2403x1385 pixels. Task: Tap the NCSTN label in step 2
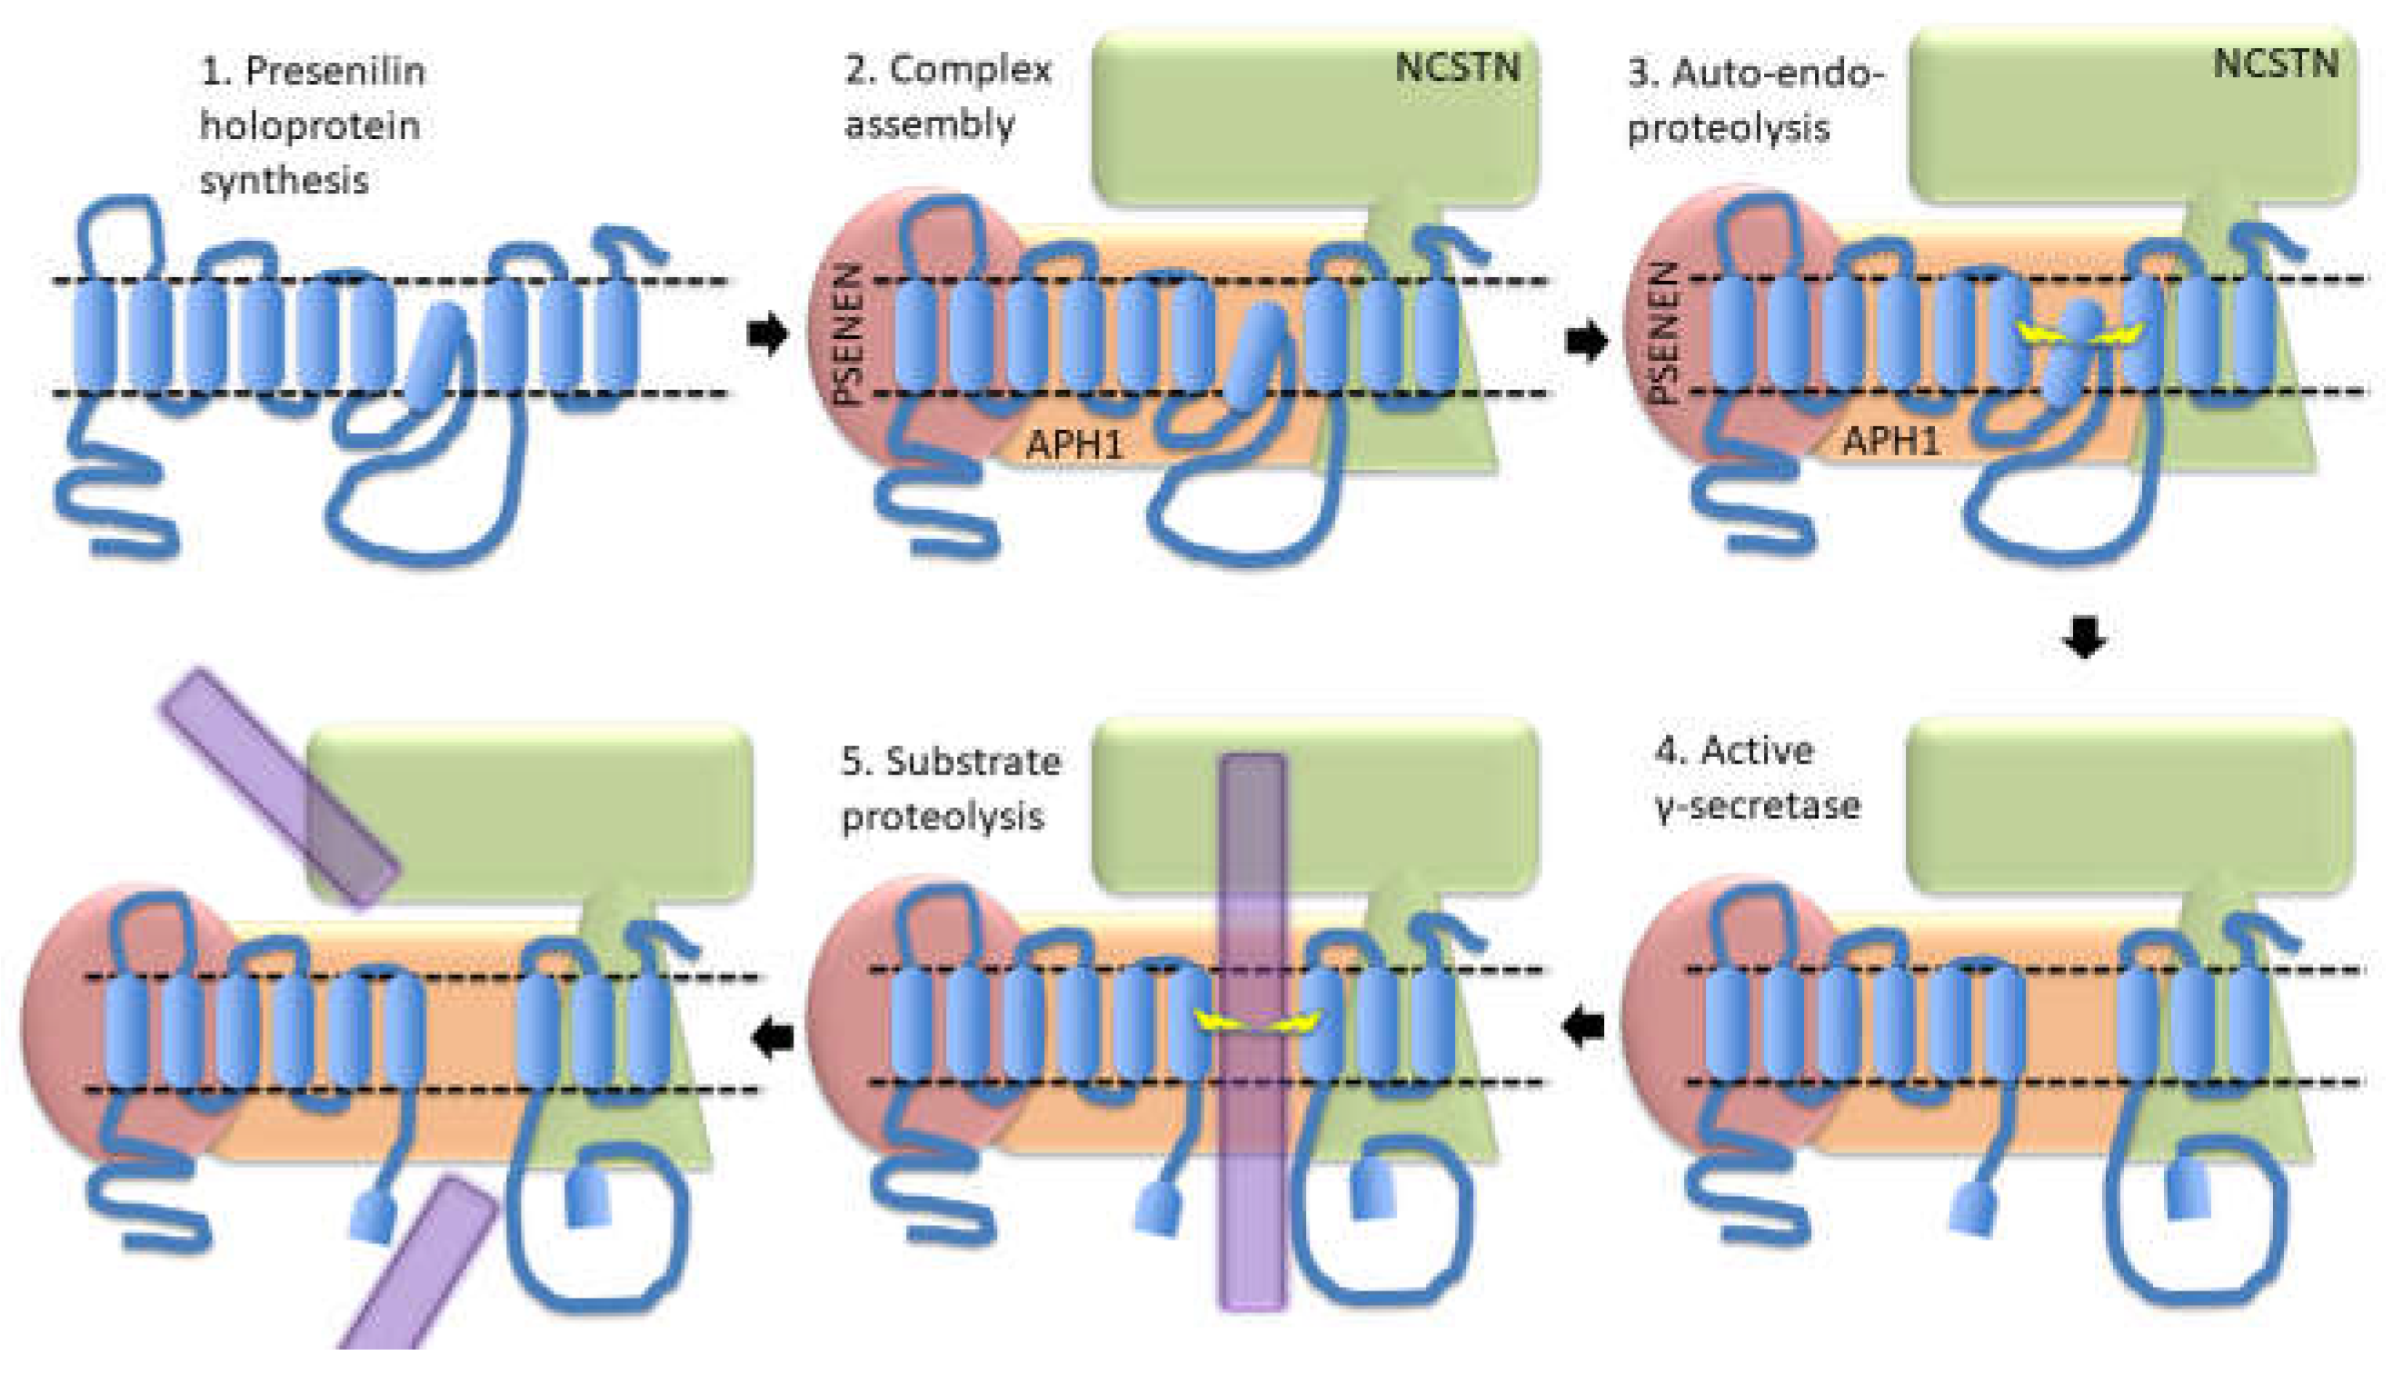point(1457,67)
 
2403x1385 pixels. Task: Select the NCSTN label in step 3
point(2275,64)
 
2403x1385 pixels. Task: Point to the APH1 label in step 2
point(1074,443)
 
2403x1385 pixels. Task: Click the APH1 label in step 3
point(1890,442)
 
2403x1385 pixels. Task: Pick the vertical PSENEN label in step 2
point(849,334)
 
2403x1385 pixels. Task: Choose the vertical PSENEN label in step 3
point(1664,333)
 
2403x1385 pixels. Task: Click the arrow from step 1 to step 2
point(768,334)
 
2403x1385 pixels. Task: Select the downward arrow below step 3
point(2084,637)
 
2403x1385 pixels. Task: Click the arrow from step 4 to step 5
point(1584,1026)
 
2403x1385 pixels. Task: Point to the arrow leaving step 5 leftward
point(773,1036)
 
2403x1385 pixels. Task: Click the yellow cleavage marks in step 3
point(2079,334)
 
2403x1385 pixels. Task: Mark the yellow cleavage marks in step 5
point(1258,1021)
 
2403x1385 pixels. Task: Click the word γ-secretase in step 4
point(1758,806)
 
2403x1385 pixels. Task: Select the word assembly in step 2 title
point(930,125)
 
